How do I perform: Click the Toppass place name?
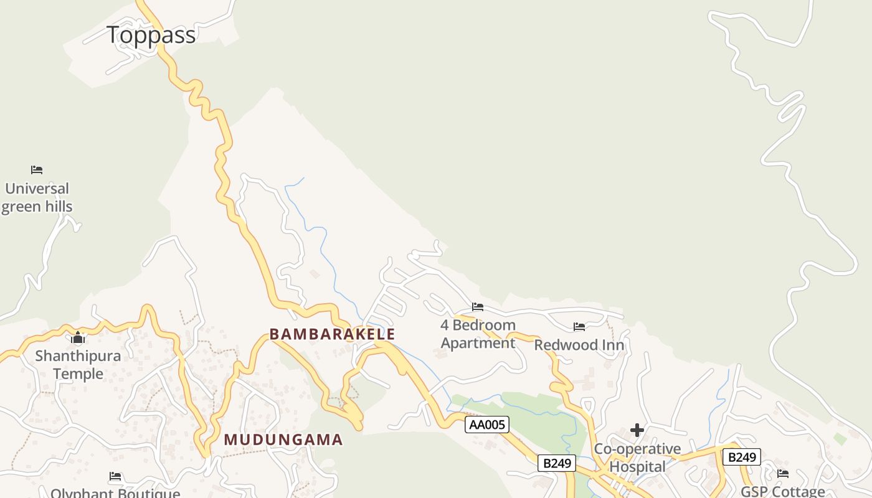(151, 35)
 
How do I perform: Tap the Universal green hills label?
(37, 197)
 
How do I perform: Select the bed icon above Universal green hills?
(37, 169)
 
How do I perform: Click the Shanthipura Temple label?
(78, 365)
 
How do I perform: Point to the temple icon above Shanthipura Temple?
(78, 338)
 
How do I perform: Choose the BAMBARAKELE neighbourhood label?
(332, 334)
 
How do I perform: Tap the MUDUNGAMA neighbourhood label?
(283, 439)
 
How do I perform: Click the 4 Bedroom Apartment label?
(478, 334)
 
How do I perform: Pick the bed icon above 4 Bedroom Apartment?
(478, 306)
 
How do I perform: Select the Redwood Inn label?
(579, 345)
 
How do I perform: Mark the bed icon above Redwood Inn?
(579, 327)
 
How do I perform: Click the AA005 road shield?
(487, 425)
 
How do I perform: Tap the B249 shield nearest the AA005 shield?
(557, 463)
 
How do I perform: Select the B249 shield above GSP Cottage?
(742, 457)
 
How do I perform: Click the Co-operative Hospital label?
(637, 458)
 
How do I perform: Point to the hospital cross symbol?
(637, 430)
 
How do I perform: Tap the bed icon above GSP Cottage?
(783, 474)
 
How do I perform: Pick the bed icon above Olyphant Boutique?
(115, 476)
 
